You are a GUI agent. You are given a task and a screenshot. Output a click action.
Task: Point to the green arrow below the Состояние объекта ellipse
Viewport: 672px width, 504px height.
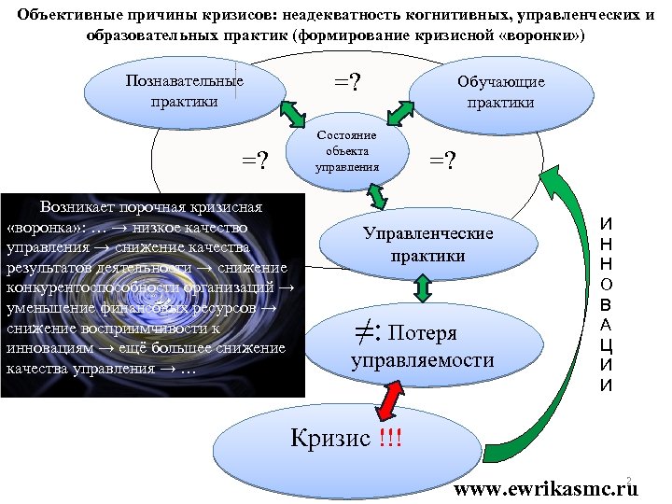click(379, 195)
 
